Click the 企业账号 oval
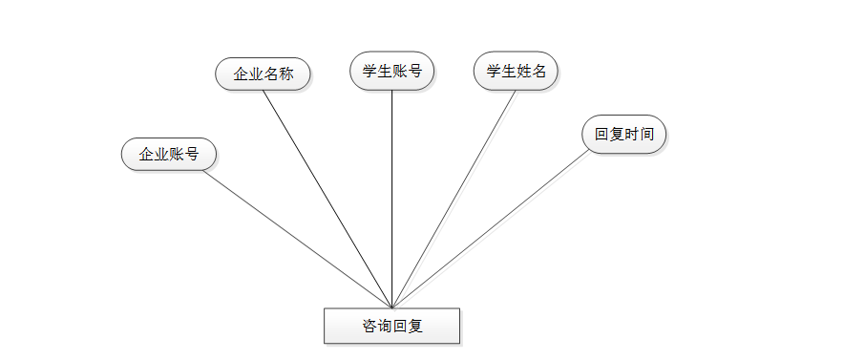169,154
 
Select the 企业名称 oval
263,74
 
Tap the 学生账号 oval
391,71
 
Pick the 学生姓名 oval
516,71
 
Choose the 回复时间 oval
623,134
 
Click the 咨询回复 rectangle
391,326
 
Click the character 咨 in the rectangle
369,326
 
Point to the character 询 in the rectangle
385,326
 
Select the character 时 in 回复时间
631,134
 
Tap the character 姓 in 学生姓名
523,71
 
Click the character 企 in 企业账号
146,154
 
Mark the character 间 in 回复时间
646,134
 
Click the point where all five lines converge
391,307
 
